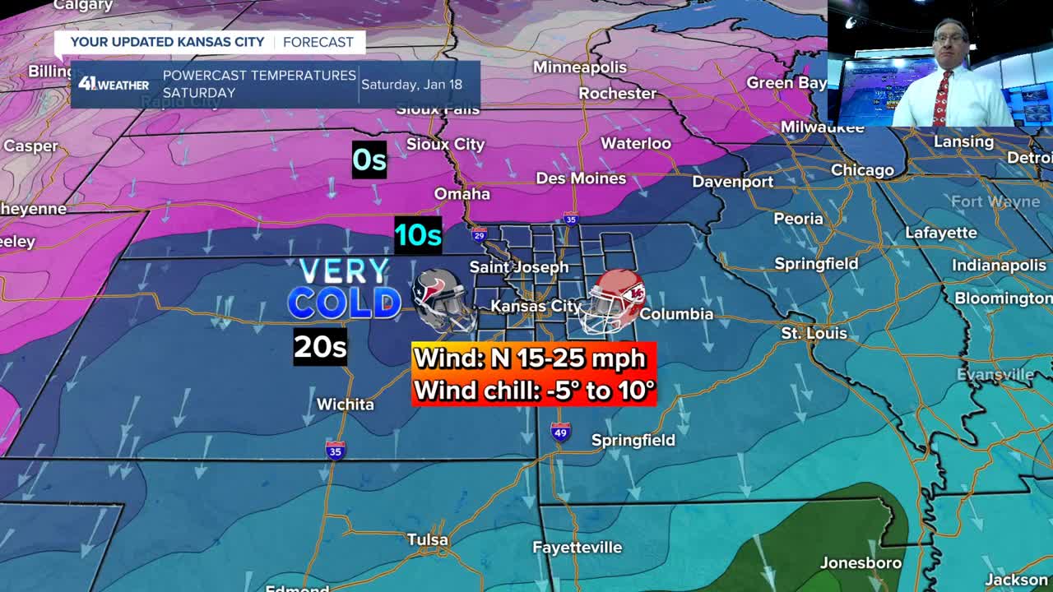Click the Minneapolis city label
[579, 67]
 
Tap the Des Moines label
[581, 178]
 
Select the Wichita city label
[346, 405]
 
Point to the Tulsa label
[428, 540]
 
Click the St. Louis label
[814, 334]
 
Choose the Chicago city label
[862, 170]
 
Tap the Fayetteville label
[577, 548]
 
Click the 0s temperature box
[369, 160]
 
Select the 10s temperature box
[418, 235]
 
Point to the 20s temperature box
[320, 347]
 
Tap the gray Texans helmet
[443, 299]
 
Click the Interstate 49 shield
[560, 432]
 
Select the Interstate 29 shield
[480, 235]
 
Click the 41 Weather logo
[114, 84]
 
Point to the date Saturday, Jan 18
[411, 84]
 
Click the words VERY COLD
[344, 289]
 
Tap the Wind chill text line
[534, 390]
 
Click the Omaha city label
[462, 194]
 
